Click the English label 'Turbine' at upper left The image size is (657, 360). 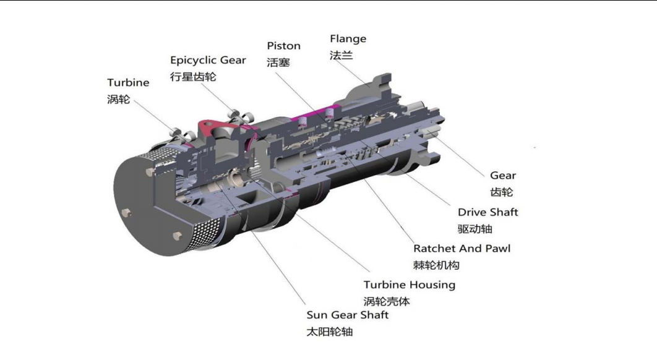point(128,82)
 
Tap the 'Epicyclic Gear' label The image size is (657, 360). point(208,61)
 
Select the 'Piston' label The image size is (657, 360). point(284,46)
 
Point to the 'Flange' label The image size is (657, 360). point(348,39)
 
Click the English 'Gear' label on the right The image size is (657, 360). point(503,176)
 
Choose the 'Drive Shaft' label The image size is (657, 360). point(487,212)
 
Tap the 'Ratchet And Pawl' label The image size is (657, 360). point(462,249)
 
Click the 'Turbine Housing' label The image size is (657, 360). point(410,285)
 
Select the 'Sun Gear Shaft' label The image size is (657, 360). point(347,315)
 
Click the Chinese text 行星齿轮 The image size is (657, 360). point(193,77)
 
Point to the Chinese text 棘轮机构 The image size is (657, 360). point(436,265)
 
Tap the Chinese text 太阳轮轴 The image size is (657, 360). point(329,332)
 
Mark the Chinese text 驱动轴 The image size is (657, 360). point(474,229)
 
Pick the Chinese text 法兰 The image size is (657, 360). point(341,55)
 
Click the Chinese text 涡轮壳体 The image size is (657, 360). point(386,301)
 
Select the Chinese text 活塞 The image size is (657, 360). point(278,62)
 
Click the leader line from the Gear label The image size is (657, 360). point(457,153)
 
